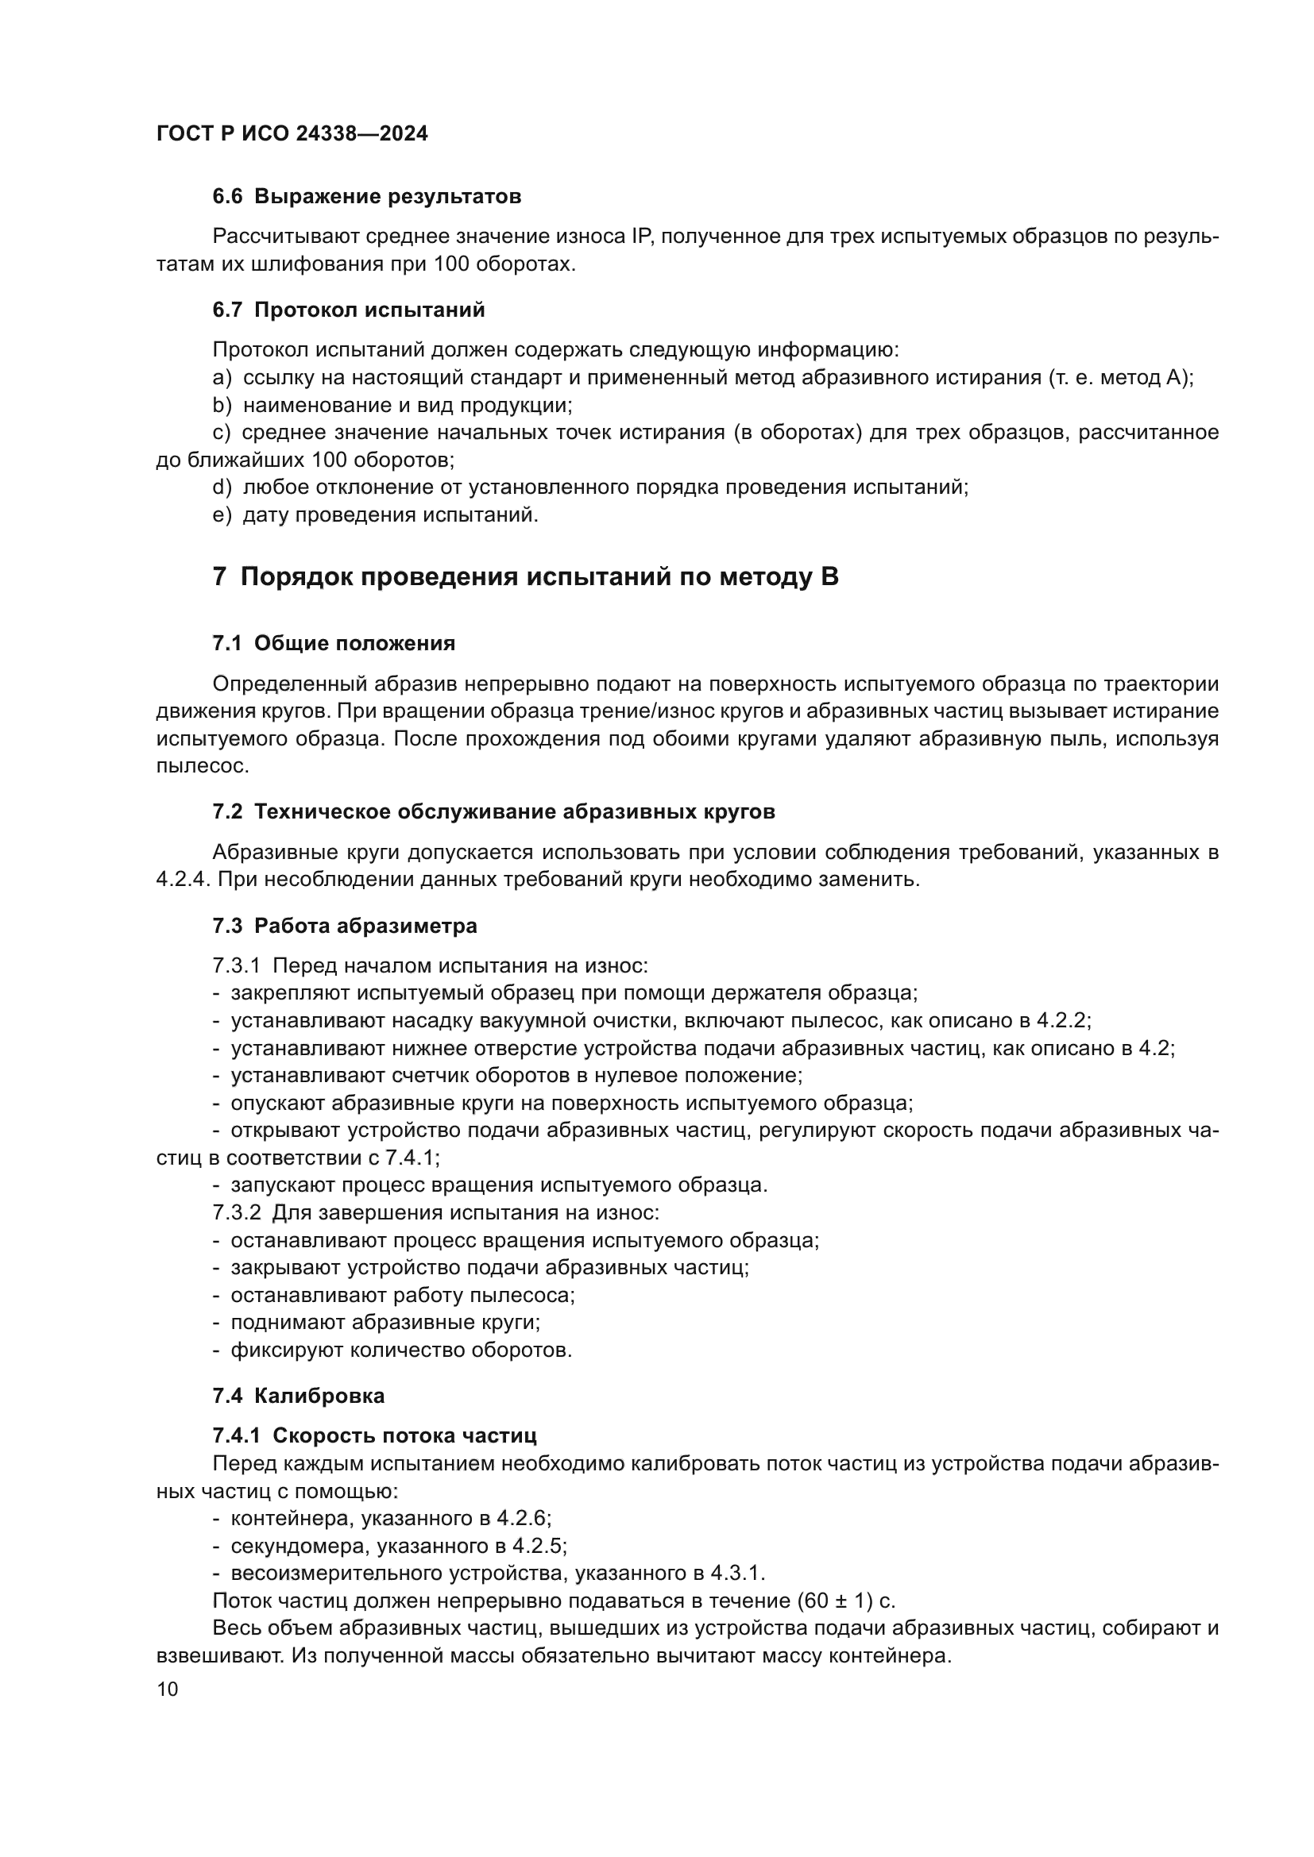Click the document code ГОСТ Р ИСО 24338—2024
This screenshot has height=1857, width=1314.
[x=292, y=134]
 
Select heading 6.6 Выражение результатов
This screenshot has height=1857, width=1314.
[x=366, y=197]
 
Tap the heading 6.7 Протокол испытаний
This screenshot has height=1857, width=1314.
[x=349, y=310]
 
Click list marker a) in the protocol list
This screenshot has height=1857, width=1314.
[x=222, y=378]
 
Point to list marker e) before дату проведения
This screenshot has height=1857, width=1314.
[x=222, y=515]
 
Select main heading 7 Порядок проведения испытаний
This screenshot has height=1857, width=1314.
[x=525, y=577]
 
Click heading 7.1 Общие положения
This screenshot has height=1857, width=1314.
[x=334, y=644]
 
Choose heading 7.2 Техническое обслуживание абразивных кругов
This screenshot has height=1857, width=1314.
[x=493, y=812]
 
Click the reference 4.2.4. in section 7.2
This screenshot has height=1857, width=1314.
[x=183, y=880]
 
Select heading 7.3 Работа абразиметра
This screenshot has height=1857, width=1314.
[x=345, y=926]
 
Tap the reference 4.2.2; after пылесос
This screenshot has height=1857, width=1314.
[x=1064, y=1022]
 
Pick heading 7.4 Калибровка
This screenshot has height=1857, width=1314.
[x=299, y=1396]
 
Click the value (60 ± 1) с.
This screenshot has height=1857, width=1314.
[x=845, y=1601]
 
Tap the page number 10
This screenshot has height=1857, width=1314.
[x=168, y=1689]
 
